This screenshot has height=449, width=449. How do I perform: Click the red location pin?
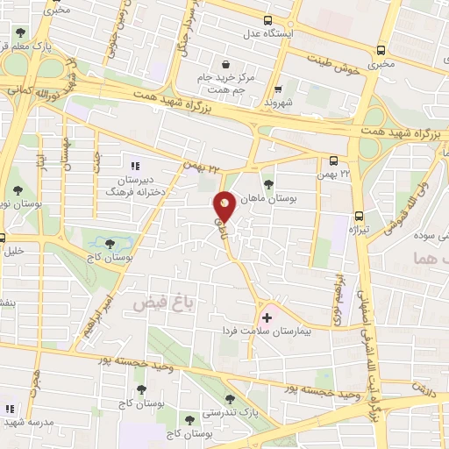click(x=225, y=205)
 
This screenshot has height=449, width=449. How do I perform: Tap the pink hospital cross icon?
click(x=267, y=317)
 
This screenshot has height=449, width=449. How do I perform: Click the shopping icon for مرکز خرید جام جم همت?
click(x=226, y=64)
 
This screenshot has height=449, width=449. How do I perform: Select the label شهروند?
click(x=275, y=101)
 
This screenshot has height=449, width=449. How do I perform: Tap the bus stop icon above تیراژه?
click(x=358, y=216)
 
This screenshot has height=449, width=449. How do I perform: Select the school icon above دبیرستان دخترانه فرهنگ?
click(x=134, y=165)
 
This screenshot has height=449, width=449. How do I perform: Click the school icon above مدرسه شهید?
click(x=11, y=409)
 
